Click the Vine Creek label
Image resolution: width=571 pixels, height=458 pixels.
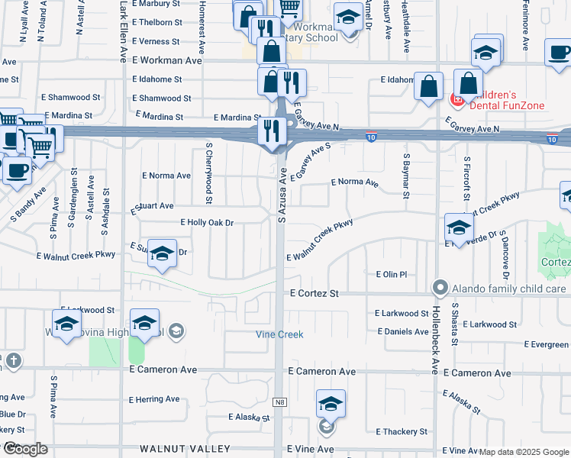coord(279,334)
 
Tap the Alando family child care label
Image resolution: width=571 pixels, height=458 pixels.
coord(508,289)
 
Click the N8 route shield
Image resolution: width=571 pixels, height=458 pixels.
coord(280,401)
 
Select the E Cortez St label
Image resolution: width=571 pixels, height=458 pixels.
coord(313,293)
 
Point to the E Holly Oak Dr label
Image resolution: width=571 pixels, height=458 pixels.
coord(206,222)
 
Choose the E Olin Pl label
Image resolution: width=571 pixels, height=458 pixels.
coord(392,274)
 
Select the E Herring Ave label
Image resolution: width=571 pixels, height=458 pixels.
coord(154,399)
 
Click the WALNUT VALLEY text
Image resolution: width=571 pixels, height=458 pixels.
coord(185,448)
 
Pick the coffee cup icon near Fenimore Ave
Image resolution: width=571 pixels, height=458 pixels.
coord(560,53)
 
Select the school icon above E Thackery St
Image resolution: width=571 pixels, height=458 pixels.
coord(331,405)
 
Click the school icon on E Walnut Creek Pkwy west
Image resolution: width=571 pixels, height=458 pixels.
coord(162,255)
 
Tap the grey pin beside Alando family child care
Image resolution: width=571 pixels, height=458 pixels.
coord(440,289)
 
